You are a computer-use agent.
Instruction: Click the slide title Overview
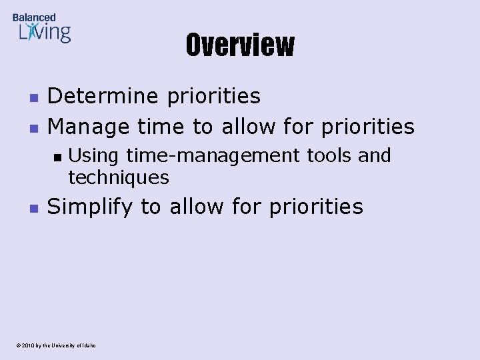click(x=239, y=45)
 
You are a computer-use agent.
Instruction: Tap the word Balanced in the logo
click(x=34, y=17)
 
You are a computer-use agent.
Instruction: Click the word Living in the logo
click(x=45, y=32)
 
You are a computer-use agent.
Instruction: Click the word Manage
click(x=90, y=126)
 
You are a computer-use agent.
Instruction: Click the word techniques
click(x=119, y=177)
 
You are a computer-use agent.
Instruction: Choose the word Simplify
click(x=91, y=207)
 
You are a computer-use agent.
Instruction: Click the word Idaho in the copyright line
click(x=88, y=345)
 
